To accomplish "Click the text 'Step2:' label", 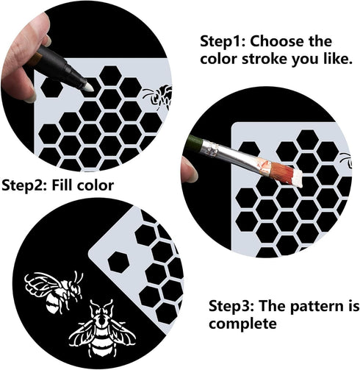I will (25, 185).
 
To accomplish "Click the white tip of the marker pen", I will (88, 85).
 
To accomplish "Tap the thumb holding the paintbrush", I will (190, 171).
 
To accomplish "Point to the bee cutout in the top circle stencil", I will (157, 95).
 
